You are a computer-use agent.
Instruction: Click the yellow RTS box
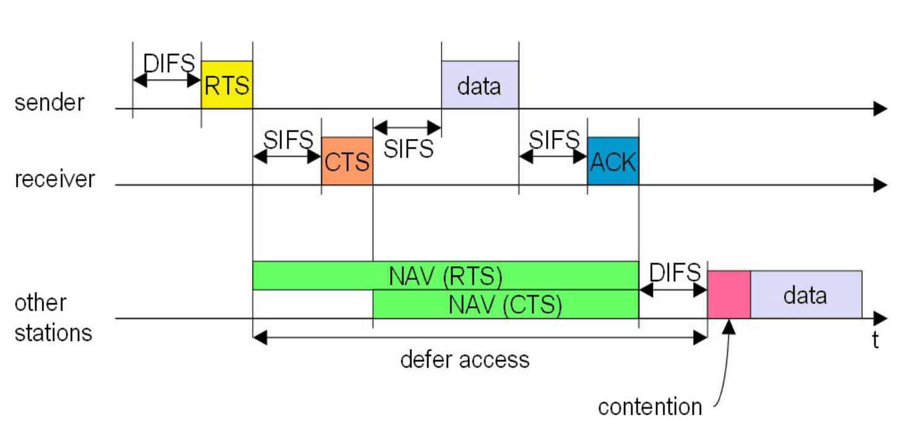[x=227, y=85]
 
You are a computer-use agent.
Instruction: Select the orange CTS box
[x=347, y=161]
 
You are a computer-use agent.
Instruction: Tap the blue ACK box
[x=613, y=161]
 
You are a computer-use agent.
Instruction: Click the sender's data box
[x=480, y=85]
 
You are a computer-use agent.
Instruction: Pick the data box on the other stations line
[x=806, y=295]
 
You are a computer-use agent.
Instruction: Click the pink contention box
[x=729, y=295]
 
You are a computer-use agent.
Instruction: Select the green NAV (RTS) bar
[x=446, y=276]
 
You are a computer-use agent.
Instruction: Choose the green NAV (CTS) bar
[x=506, y=305]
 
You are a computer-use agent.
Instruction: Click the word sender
[x=49, y=103]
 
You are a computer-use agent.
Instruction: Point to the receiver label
[x=54, y=179]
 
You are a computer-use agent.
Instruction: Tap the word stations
[x=53, y=333]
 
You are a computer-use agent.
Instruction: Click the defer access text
[x=465, y=360]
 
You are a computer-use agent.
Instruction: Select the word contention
[x=650, y=407]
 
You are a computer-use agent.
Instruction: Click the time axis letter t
[x=876, y=340]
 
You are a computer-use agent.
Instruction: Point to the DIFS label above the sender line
[x=169, y=63]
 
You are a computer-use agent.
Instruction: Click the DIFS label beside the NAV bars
[x=675, y=272]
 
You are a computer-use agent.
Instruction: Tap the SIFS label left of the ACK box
[x=554, y=140]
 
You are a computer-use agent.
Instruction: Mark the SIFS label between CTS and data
[x=409, y=149]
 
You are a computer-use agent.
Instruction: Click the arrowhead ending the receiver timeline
[x=880, y=185]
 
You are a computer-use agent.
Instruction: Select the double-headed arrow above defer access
[x=480, y=338]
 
